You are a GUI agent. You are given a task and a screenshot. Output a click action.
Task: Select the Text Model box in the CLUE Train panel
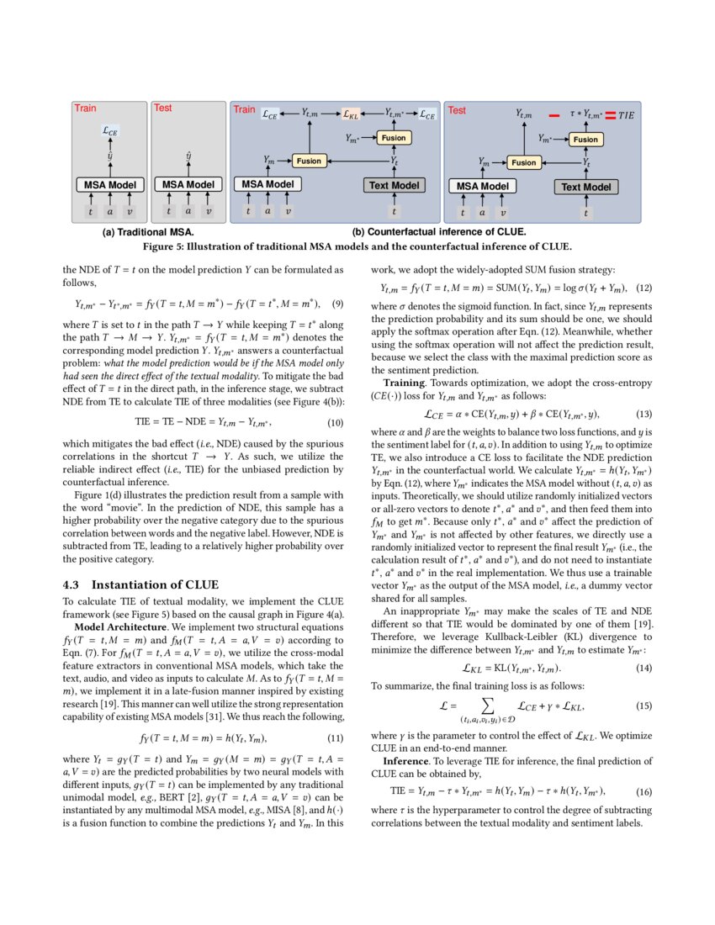(x=394, y=185)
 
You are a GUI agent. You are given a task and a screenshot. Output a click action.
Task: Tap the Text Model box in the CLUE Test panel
(x=585, y=187)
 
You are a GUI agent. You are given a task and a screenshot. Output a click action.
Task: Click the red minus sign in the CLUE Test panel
(x=554, y=114)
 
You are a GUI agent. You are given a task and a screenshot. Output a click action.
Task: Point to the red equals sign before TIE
(x=610, y=114)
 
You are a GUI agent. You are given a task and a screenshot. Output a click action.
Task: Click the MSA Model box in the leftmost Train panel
(x=110, y=184)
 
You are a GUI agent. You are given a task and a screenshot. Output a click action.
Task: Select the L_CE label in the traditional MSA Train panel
(x=109, y=131)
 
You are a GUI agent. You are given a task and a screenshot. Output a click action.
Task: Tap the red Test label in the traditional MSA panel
(x=162, y=108)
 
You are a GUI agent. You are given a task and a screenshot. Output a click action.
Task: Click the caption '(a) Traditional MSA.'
(x=148, y=231)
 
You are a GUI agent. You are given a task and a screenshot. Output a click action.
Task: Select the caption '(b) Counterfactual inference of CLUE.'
(x=438, y=231)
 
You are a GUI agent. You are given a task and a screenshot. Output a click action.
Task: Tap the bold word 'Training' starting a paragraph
(x=406, y=383)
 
